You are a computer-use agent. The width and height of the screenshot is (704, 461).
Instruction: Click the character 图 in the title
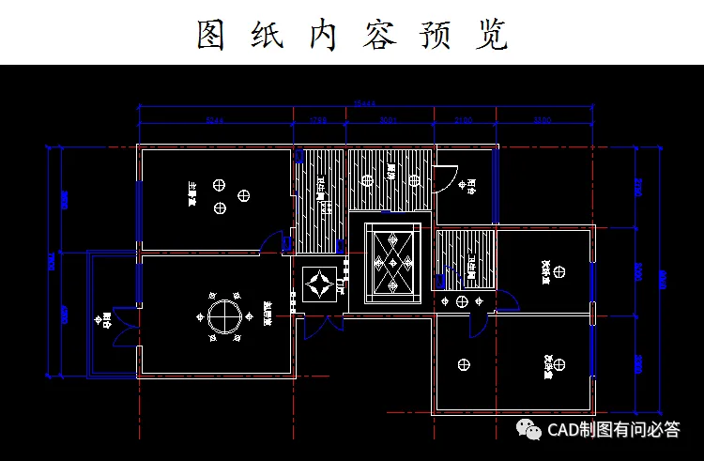213,35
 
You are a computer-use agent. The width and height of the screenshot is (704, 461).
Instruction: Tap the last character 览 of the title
491,35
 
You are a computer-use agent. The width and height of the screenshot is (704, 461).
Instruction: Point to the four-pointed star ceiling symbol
321,282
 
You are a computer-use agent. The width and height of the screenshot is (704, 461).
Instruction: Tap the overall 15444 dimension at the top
364,103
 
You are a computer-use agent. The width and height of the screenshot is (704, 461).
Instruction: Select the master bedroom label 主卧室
191,192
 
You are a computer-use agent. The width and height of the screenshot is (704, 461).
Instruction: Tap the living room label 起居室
268,311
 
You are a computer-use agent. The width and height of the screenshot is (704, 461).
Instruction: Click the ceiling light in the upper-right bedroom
559,271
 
